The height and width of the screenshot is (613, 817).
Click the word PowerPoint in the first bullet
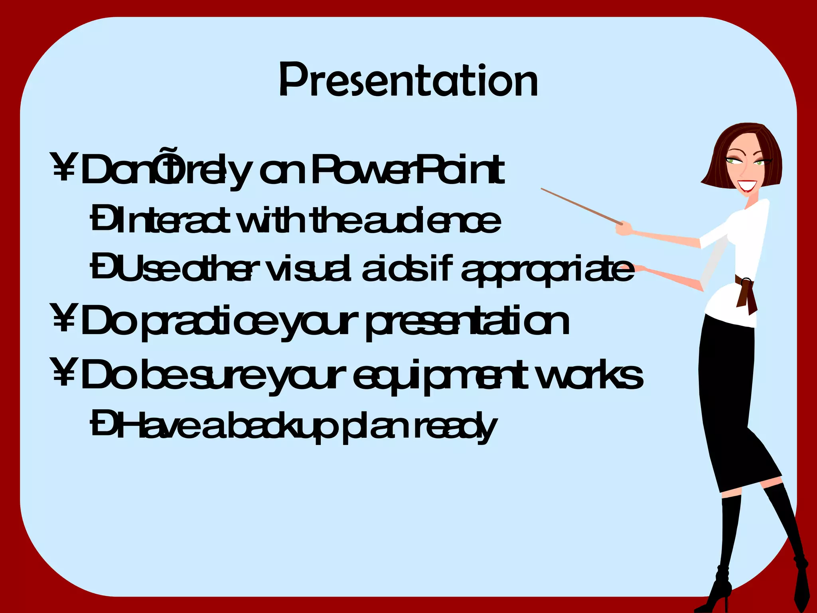[408, 171]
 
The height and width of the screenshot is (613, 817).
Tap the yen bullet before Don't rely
[63, 167]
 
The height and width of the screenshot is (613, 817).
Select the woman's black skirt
[730, 399]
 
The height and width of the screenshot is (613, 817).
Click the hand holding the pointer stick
[624, 229]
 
